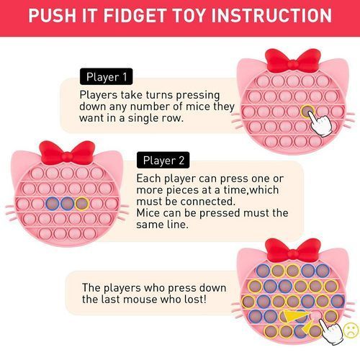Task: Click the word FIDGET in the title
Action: (135, 15)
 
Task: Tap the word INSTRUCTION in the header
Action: (271, 15)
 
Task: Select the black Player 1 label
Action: (106, 76)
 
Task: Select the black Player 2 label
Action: (163, 160)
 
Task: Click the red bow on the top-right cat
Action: (293, 61)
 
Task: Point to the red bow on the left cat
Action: (67, 153)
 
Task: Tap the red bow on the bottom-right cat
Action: (293, 250)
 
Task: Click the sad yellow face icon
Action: (351, 330)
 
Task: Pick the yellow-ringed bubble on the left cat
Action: (82, 204)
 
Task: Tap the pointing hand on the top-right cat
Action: (320, 124)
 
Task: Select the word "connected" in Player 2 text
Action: (207, 202)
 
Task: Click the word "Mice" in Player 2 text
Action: (147, 213)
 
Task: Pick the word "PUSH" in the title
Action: (53, 15)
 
